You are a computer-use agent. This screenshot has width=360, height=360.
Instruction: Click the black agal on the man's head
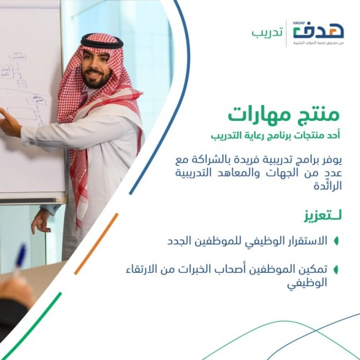pos(102,42)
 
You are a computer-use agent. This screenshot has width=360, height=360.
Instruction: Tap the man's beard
pos(99,80)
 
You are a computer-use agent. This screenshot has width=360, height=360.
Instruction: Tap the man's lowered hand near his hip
pos(40,220)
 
